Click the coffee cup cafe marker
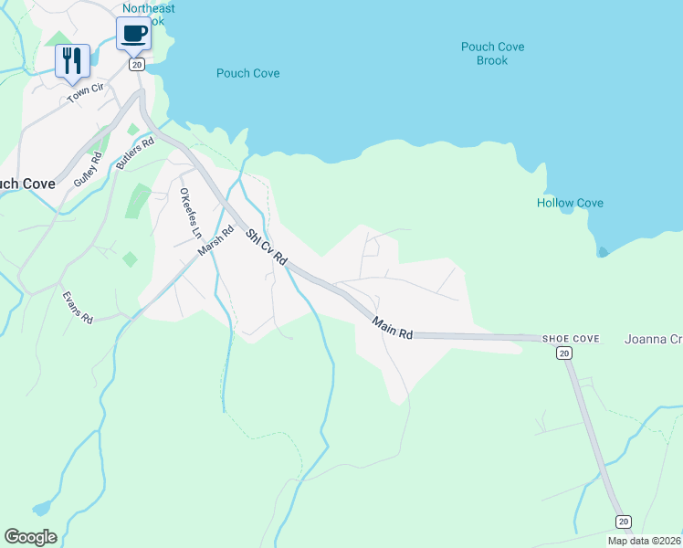coord(133,35)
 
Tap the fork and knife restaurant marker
coord(72,61)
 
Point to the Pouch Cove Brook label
coord(491,54)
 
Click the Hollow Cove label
coord(570,203)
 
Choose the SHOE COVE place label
coord(571,339)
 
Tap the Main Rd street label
coord(393,328)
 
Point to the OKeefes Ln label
coord(189,213)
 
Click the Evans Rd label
coord(78,308)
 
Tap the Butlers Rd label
coord(135,153)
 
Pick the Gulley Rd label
coord(89,170)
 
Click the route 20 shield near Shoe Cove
coord(565,353)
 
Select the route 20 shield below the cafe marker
coord(137,65)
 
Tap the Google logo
coord(30,537)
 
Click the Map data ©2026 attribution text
coord(645,541)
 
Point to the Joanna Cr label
coord(653,339)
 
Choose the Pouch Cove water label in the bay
coord(247,73)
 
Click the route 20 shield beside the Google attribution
coord(623,521)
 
